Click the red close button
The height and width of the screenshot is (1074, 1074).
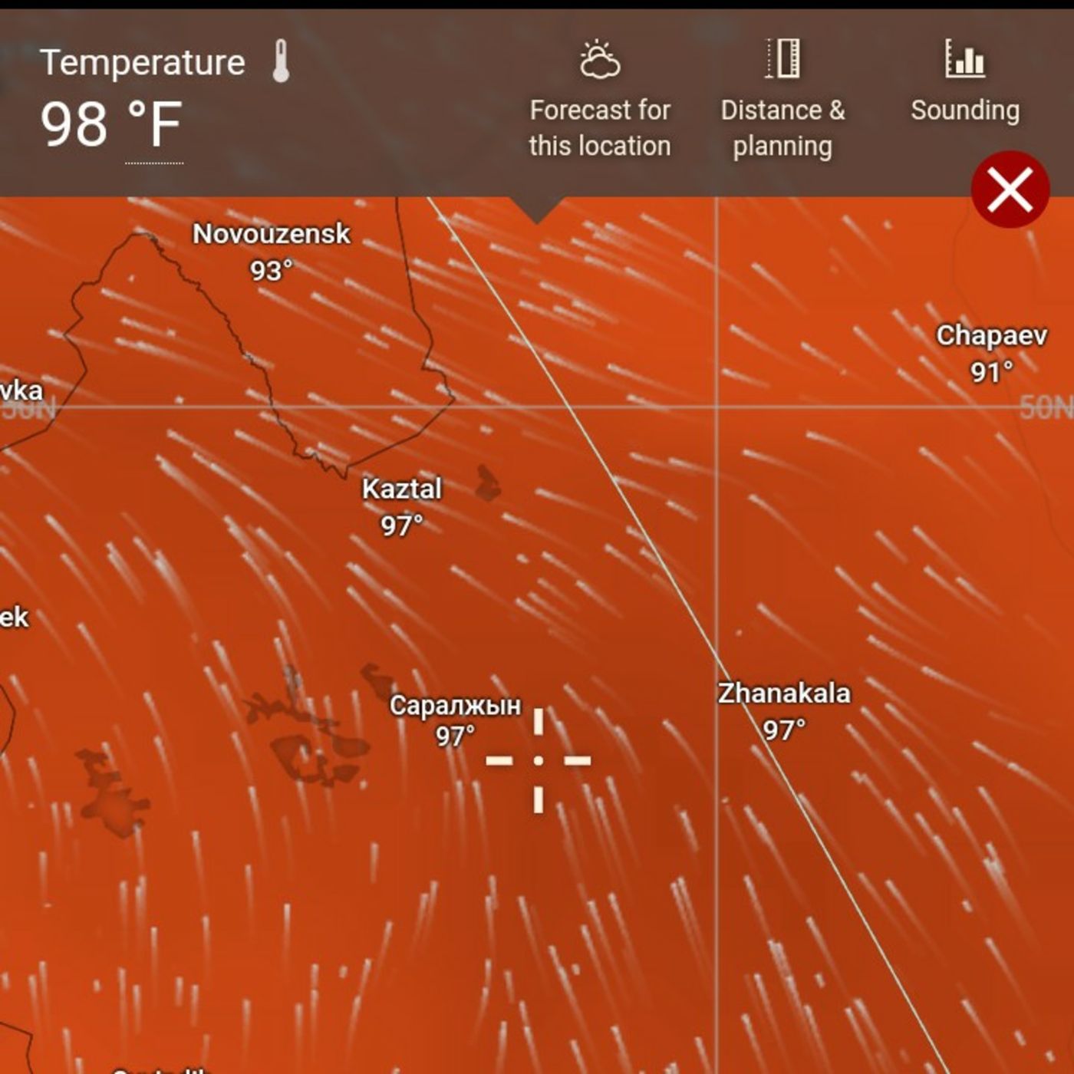click(x=1010, y=189)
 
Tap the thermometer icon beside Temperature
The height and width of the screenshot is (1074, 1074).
click(x=281, y=61)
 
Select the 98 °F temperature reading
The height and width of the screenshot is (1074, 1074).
click(x=111, y=124)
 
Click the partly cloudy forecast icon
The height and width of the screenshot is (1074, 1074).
click(x=599, y=60)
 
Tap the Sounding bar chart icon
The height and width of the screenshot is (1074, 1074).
click(x=964, y=59)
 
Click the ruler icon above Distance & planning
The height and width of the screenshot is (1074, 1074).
click(x=782, y=59)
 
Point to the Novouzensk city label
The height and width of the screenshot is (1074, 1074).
click(x=271, y=234)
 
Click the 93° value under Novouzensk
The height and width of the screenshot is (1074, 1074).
click(x=271, y=270)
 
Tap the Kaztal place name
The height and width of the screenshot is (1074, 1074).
click(x=402, y=489)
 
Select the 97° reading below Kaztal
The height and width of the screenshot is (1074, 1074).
click(x=402, y=525)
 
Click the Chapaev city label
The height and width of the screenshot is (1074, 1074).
click(x=991, y=335)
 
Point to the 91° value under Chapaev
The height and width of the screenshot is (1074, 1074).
click(x=991, y=372)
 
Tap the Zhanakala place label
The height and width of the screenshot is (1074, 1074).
click(x=784, y=693)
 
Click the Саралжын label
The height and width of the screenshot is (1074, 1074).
click(x=455, y=705)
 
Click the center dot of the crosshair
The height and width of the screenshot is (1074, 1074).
click(x=539, y=760)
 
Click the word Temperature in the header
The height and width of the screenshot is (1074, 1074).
click(x=143, y=62)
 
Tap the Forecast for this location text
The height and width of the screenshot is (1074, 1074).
click(x=599, y=128)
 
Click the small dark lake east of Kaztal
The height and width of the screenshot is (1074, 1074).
click(x=487, y=483)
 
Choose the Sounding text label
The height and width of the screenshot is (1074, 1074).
click(x=965, y=110)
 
